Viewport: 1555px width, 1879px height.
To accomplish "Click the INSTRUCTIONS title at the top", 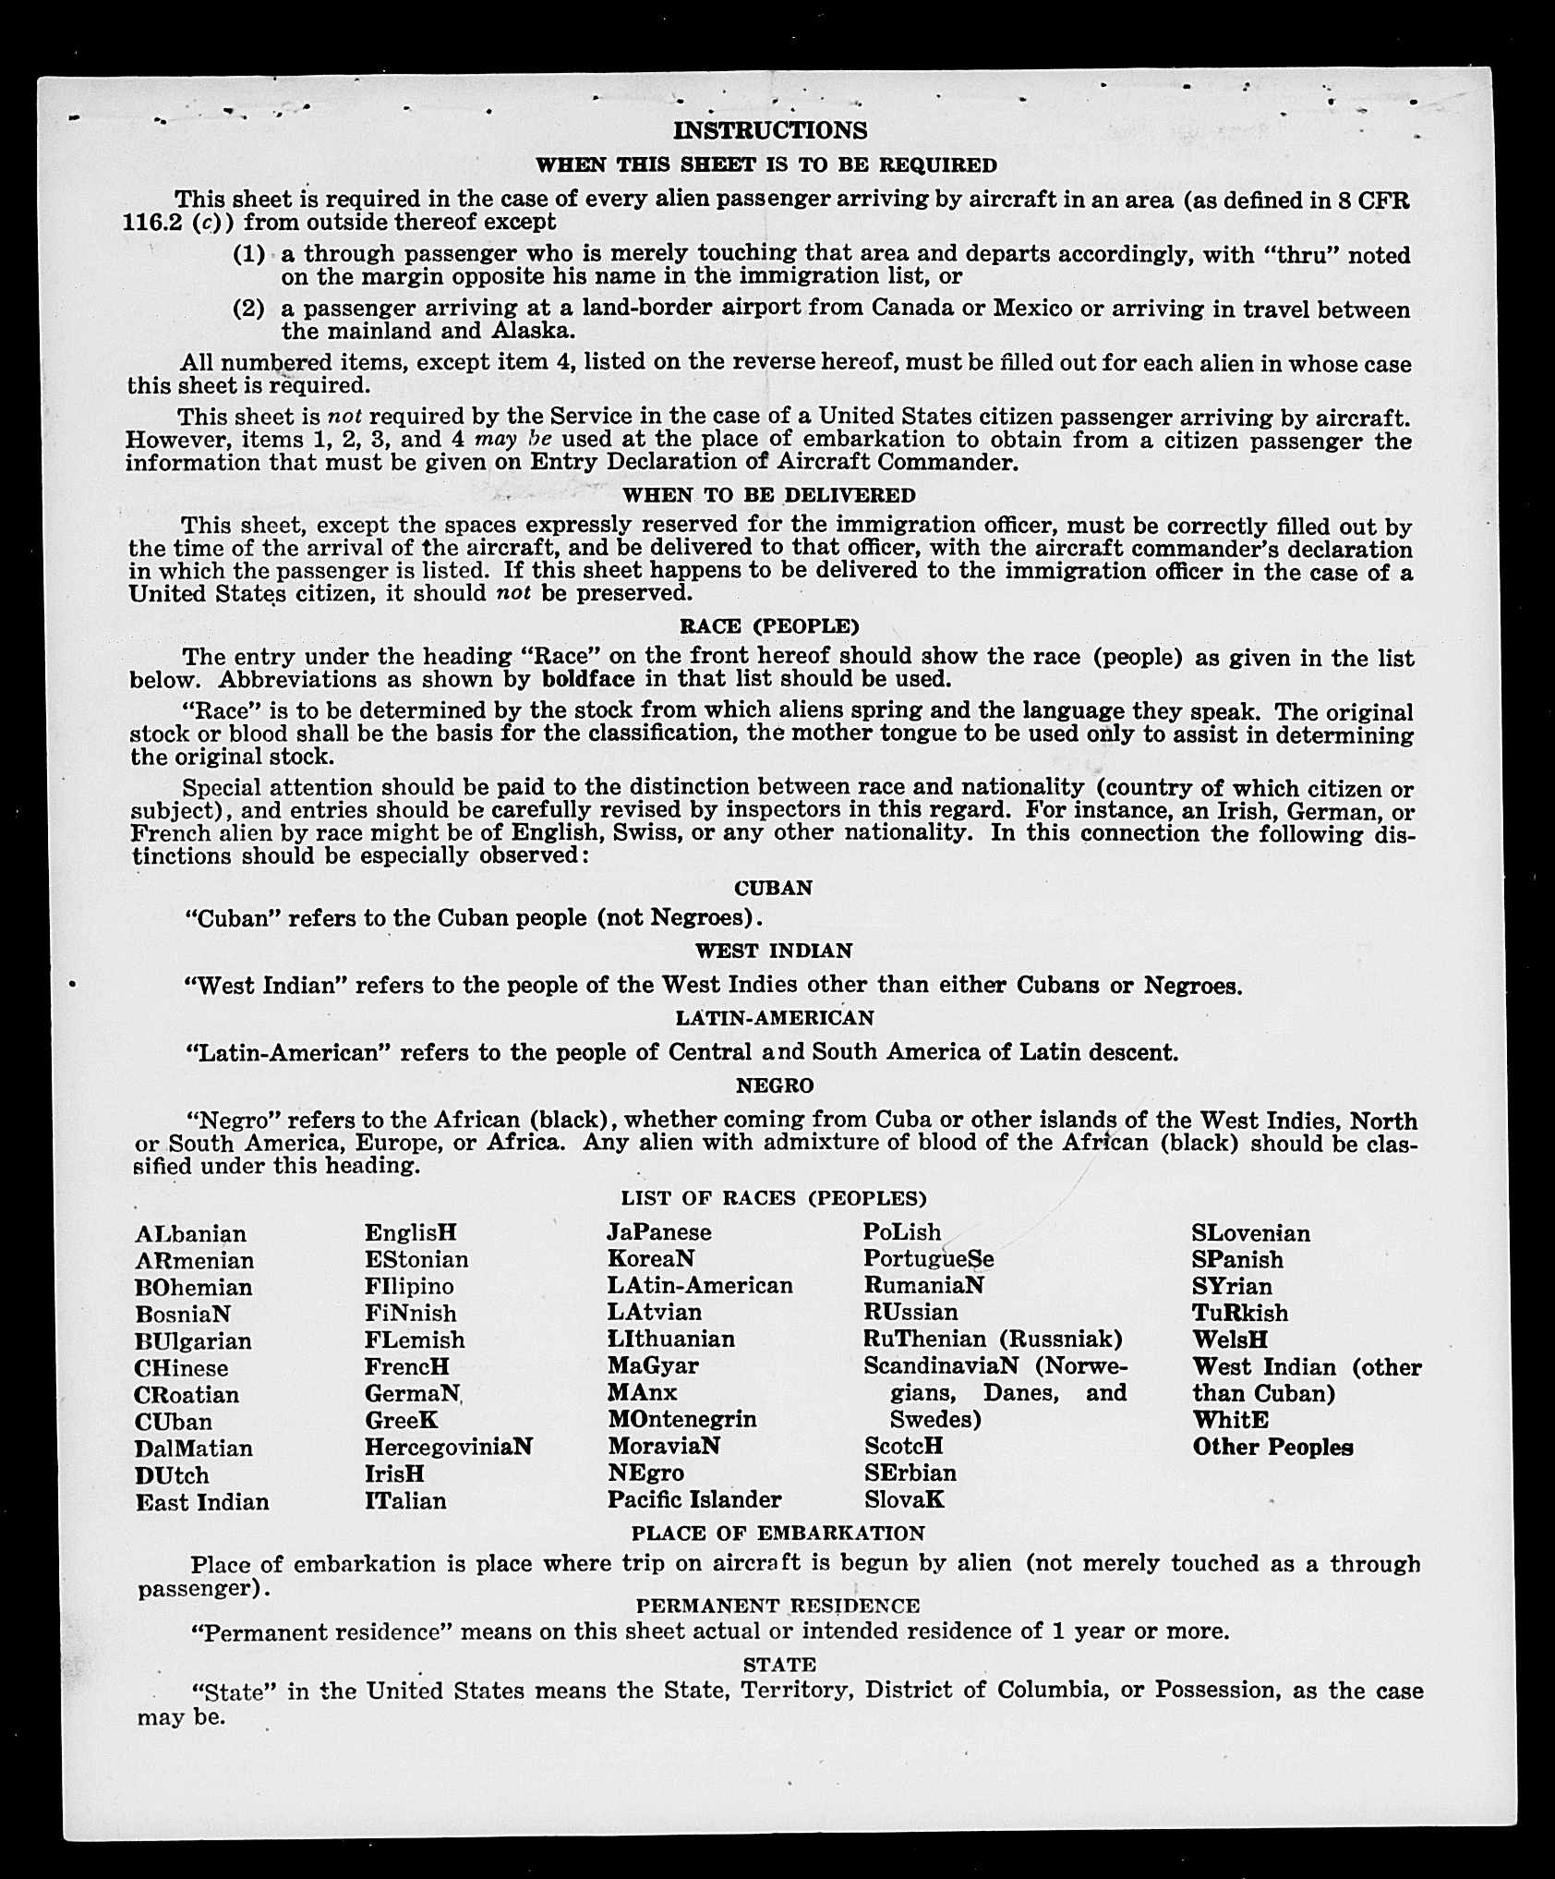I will pos(770,130).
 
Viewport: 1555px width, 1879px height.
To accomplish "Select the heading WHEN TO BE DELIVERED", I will pos(769,494).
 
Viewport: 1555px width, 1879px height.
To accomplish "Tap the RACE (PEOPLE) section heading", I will pos(769,625).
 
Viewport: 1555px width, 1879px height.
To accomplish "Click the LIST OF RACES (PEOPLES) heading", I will pos(773,1198).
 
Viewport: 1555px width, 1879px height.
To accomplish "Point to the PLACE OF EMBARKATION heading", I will pos(777,1533).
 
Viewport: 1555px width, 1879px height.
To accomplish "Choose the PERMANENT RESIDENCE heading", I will pos(777,1606).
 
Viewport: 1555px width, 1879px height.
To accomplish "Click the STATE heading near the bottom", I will pos(779,1664).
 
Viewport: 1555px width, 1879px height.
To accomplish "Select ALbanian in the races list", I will pos(190,1234).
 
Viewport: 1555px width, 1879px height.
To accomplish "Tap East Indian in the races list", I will pos(202,1502).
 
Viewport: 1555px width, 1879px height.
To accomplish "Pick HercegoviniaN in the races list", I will pos(448,1447).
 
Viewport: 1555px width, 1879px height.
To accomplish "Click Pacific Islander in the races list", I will pos(693,1499).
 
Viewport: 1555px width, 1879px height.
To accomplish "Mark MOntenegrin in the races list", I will pos(681,1418).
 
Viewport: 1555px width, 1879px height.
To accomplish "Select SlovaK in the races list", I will pos(904,1499).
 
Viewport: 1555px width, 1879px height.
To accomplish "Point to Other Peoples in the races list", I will pos(1272,1447).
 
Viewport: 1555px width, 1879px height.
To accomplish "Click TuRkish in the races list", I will pos(1239,1313).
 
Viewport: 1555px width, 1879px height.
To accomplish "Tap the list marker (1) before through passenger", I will pos(248,253).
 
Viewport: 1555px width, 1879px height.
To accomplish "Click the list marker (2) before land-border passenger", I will pos(248,309).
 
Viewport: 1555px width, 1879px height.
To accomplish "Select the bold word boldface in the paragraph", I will pos(588,679).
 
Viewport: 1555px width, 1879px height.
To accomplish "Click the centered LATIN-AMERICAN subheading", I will pos(774,1017).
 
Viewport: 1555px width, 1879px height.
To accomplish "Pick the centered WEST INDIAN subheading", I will pos(773,950).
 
